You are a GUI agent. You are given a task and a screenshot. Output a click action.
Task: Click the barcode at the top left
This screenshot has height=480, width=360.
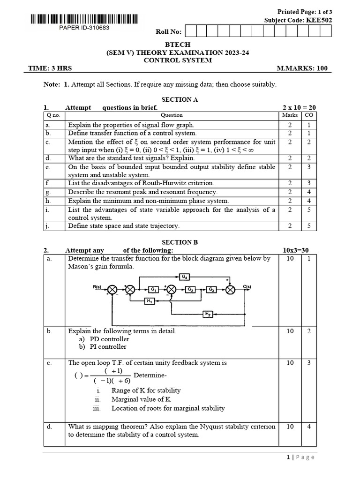tap(84, 20)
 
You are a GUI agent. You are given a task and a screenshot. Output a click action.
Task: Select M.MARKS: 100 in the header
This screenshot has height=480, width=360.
tap(302, 68)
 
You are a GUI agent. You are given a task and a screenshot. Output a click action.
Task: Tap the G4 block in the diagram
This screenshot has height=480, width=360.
tap(185, 277)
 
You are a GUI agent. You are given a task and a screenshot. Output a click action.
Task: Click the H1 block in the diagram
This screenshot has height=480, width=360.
tap(149, 301)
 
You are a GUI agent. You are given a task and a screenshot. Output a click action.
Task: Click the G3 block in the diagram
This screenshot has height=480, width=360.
tap(211, 290)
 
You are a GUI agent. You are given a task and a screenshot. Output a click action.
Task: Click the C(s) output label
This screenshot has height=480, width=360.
tap(247, 286)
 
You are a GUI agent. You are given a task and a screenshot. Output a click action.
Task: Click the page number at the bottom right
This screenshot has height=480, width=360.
tap(300, 457)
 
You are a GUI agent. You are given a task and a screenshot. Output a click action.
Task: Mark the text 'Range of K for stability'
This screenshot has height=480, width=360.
tap(146, 390)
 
